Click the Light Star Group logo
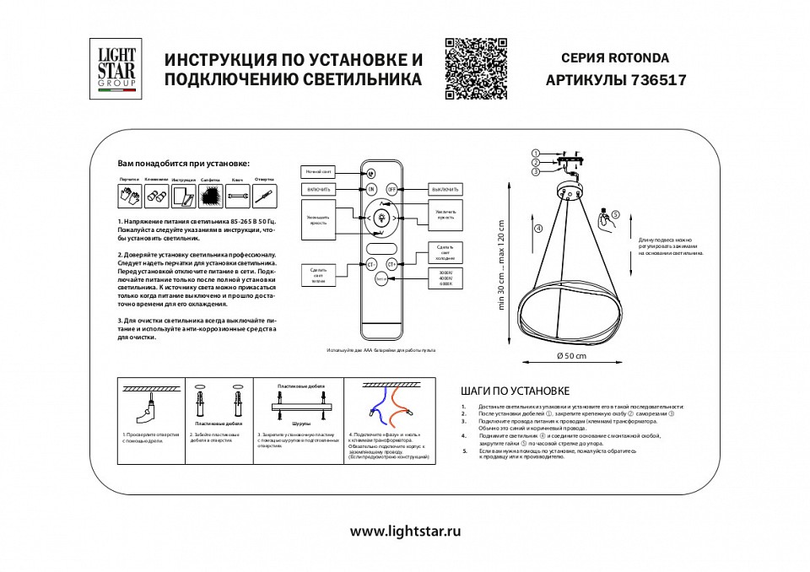pyautogui.click(x=116, y=68)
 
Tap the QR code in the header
pyautogui.click(x=476, y=68)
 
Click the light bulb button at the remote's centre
pyautogui.click(x=381, y=219)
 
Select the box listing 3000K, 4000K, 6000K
pyautogui.click(x=446, y=278)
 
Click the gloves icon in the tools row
pyautogui.click(x=130, y=197)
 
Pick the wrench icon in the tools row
pyautogui.click(x=237, y=197)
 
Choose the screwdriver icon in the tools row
pyautogui.click(x=264, y=197)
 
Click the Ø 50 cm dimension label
pyautogui.click(x=571, y=355)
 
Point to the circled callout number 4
pyautogui.click(x=537, y=228)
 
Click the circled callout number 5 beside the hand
pyautogui.click(x=616, y=214)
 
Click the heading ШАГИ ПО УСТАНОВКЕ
pyautogui.click(x=516, y=391)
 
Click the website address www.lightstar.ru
pyautogui.click(x=405, y=532)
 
